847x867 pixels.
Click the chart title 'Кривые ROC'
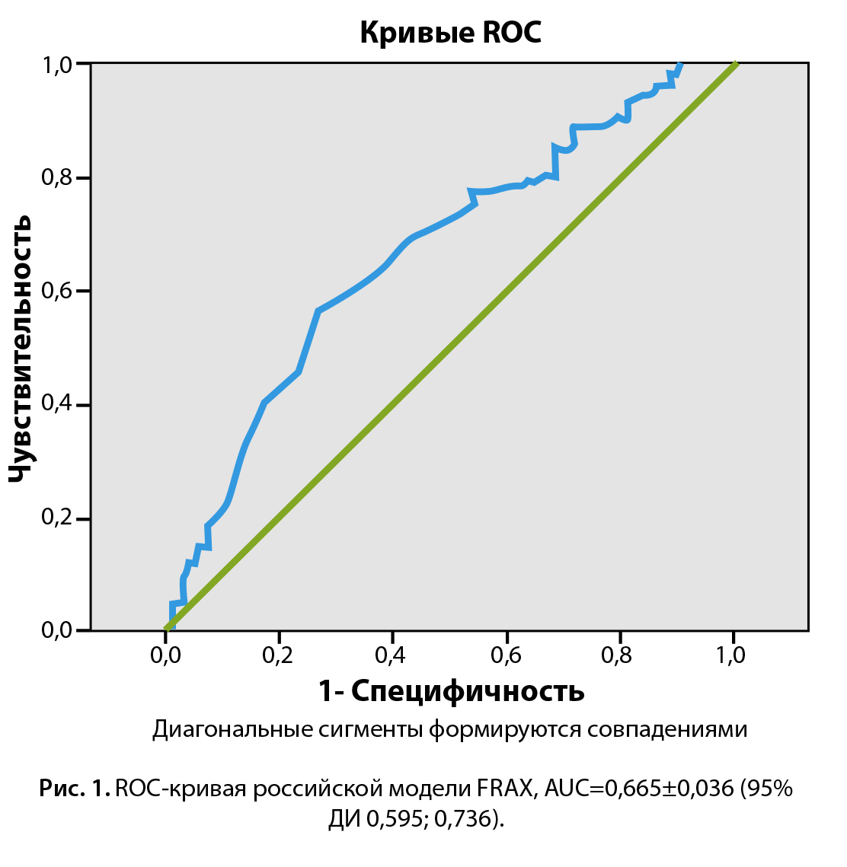tap(450, 33)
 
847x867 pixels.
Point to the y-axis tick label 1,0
tap(56, 65)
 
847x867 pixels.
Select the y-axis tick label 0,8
tap(56, 179)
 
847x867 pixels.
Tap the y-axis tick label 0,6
tap(56, 292)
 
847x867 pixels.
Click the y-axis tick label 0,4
tap(56, 405)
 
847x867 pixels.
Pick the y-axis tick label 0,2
tap(56, 518)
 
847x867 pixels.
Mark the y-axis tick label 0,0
tap(56, 631)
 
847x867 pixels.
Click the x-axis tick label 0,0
tap(165, 656)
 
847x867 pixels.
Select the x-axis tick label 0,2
tap(278, 656)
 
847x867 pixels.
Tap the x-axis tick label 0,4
tap(392, 656)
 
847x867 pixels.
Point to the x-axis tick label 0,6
tap(506, 656)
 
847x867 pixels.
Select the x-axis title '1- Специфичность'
tap(451, 691)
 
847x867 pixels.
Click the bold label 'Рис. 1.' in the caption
tap(75, 789)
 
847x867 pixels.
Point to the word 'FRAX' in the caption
tap(506, 789)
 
